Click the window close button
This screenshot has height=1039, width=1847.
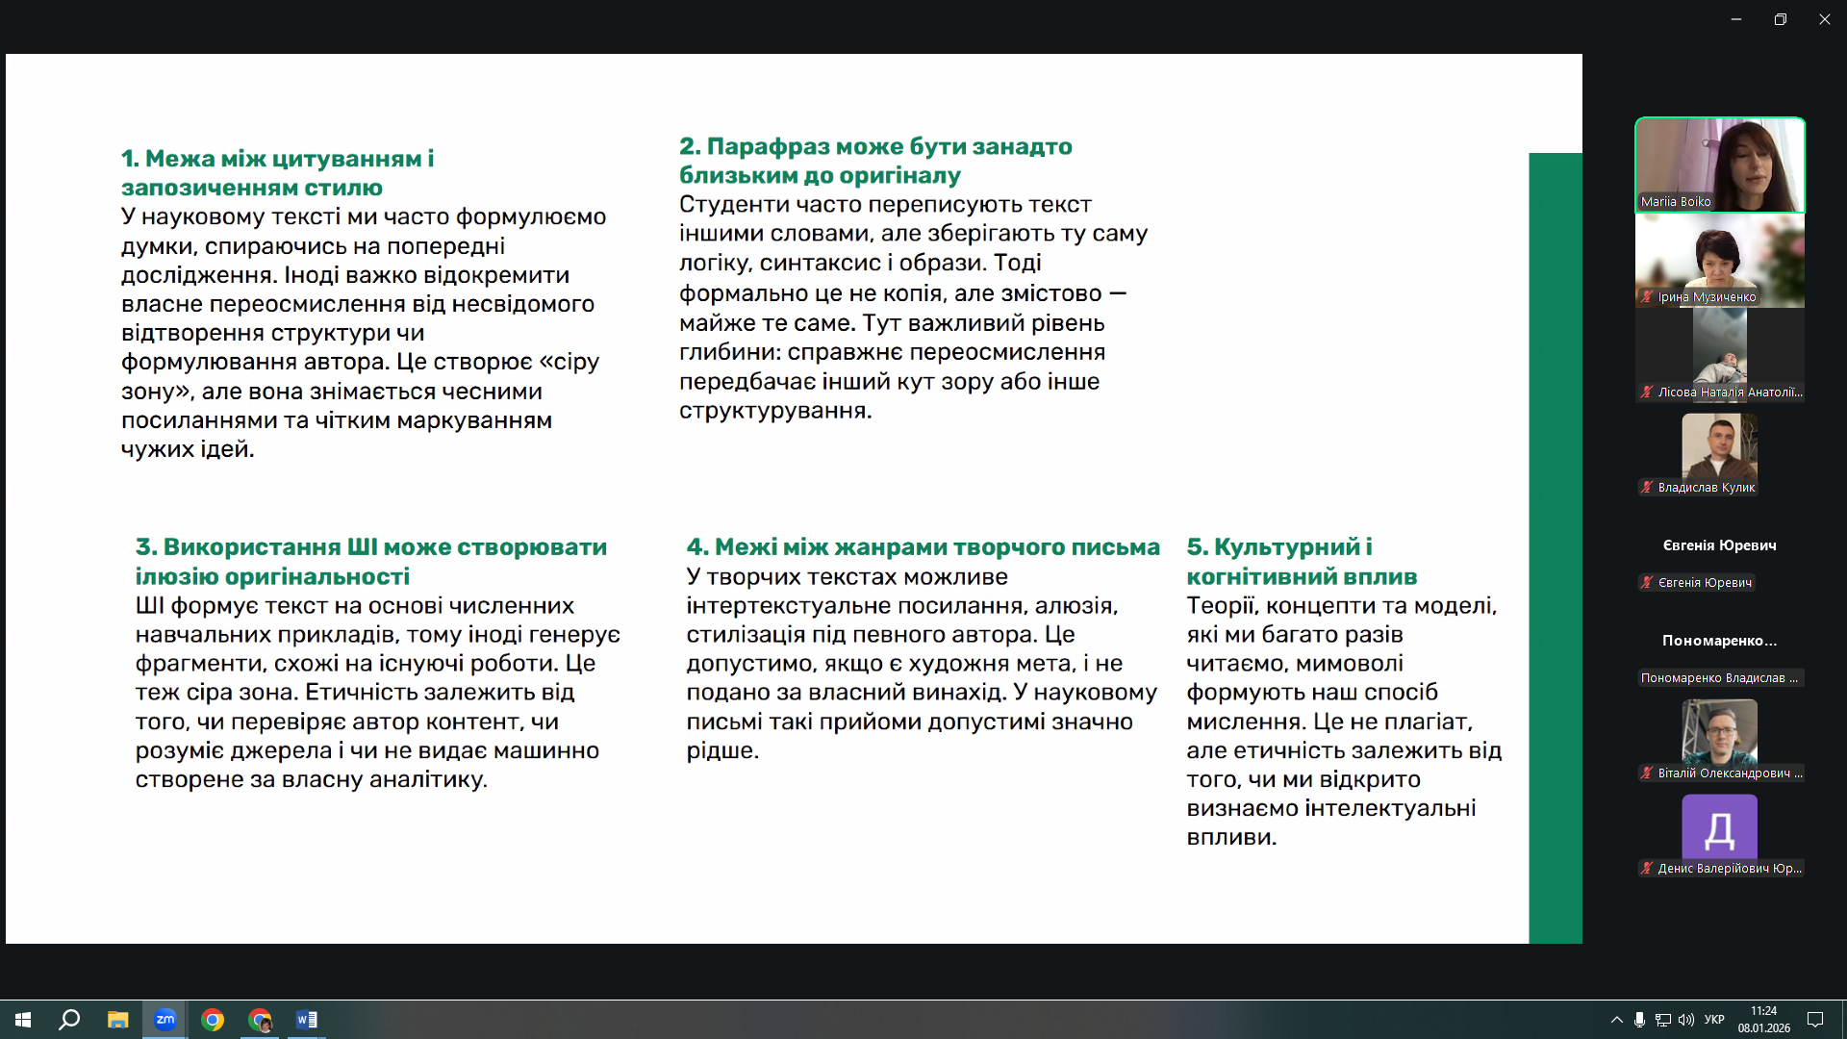tap(1824, 19)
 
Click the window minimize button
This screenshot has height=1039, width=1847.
tap(1736, 19)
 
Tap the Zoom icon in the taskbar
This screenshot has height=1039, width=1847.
tap(165, 1020)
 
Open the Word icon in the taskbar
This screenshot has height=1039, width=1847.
tap(307, 1020)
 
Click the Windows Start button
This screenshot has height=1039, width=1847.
tap(23, 1020)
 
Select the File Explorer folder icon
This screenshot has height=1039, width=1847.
tap(117, 1020)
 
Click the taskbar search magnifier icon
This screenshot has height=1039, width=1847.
tap(69, 1020)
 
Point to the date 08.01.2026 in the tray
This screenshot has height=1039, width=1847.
tap(1763, 1028)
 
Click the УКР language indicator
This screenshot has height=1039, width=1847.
tap(1714, 1020)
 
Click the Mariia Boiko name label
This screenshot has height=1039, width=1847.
tap(1676, 202)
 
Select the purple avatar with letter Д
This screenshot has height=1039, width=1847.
tap(1719, 827)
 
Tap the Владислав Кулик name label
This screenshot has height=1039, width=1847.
tap(1706, 488)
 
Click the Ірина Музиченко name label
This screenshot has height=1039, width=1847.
tap(1707, 297)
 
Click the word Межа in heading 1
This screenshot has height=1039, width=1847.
tap(179, 159)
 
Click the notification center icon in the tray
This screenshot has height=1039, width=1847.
tap(1815, 1020)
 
